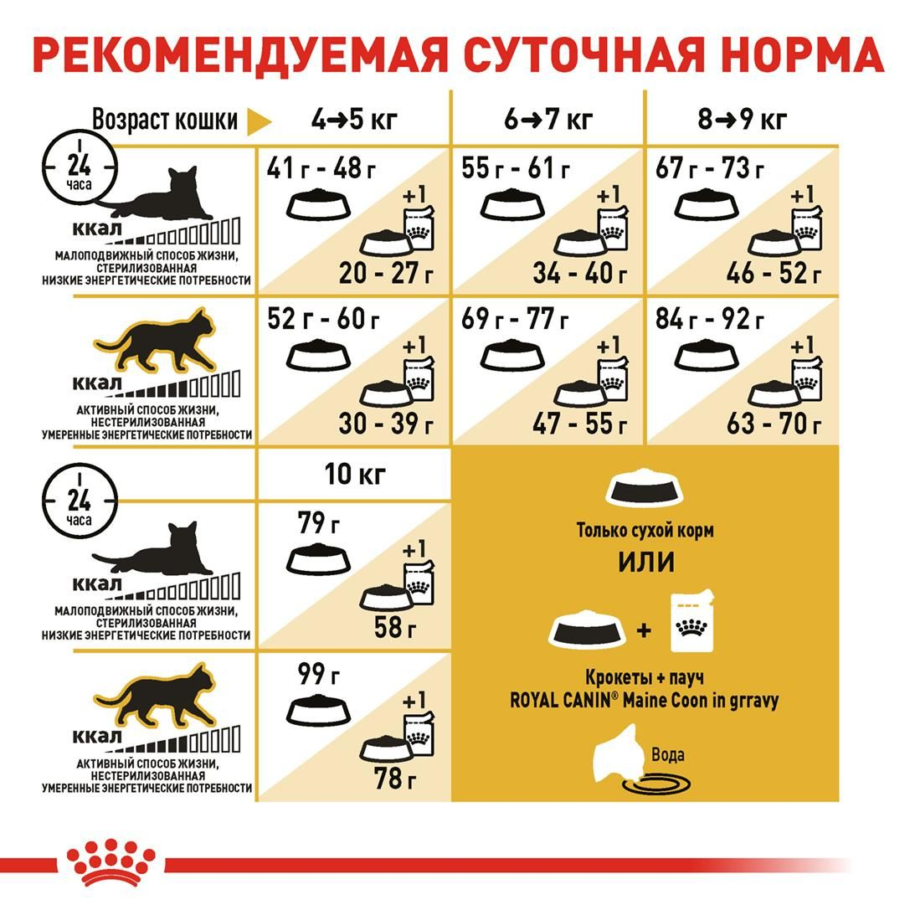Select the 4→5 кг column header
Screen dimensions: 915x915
pyautogui.click(x=354, y=120)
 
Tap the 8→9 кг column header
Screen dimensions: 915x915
pyautogui.click(x=743, y=120)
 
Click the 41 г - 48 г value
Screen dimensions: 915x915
pyautogui.click(x=321, y=168)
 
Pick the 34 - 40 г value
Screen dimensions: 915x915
pyautogui.click(x=580, y=273)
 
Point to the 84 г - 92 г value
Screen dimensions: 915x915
pyautogui.click(x=710, y=319)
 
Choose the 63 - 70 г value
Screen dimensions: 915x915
pyautogui.click(x=774, y=424)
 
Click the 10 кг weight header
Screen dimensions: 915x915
pyautogui.click(x=355, y=474)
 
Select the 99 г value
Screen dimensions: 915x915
pyautogui.click(x=319, y=674)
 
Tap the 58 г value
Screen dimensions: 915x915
pyautogui.click(x=396, y=627)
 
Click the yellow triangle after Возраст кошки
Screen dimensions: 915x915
pyautogui.click(x=259, y=121)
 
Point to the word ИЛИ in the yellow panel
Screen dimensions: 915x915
pyautogui.click(x=646, y=562)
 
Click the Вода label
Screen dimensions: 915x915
pyautogui.click(x=667, y=754)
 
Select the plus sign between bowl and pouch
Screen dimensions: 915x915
pyautogui.click(x=644, y=630)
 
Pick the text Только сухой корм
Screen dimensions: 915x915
pyautogui.click(x=645, y=531)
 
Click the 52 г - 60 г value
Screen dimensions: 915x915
pyautogui.click(x=322, y=319)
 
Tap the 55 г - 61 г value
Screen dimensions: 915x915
pyautogui.click(x=516, y=168)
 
